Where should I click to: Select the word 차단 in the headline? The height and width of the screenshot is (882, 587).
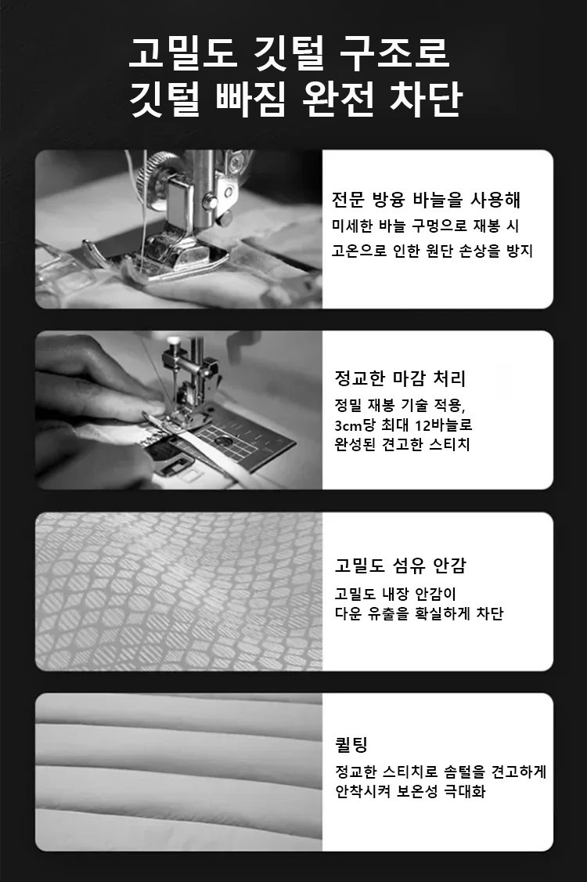(426, 100)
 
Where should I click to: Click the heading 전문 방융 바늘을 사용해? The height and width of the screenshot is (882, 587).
(426, 199)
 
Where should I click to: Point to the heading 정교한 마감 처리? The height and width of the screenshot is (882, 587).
(400, 378)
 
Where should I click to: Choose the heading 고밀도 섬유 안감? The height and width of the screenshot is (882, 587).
(400, 566)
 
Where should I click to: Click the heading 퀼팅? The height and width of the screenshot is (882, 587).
(351, 745)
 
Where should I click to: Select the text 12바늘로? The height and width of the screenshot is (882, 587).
(444, 425)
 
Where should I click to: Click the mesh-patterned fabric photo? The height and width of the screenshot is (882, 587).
(178, 591)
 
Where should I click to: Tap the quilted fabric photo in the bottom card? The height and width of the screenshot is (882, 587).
(178, 772)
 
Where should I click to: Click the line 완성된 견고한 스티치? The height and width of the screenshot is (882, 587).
(402, 444)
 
